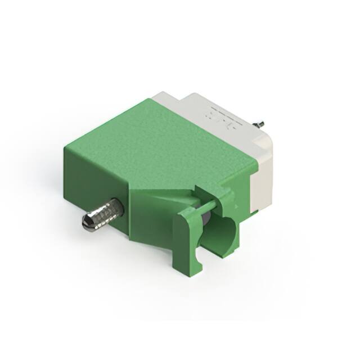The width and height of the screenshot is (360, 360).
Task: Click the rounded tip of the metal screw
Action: pos(87,223)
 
